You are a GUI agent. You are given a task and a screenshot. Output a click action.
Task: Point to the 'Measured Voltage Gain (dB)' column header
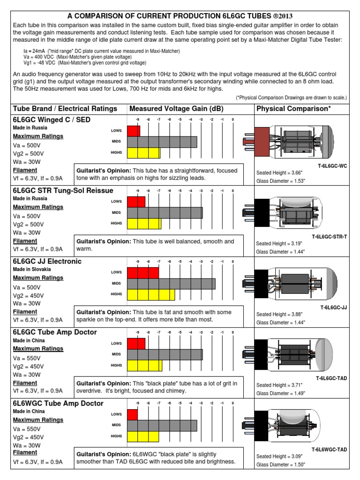coord(176,109)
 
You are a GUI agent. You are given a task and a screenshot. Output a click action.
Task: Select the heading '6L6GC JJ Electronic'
coord(47,261)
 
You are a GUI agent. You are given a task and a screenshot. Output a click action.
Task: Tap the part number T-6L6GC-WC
coord(331,166)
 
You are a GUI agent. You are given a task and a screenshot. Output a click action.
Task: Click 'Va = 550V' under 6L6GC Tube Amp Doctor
coord(27,358)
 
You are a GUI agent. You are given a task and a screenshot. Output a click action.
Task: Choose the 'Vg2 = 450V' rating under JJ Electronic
coord(29,296)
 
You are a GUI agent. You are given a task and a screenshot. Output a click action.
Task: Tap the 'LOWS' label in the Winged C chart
coord(117,131)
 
